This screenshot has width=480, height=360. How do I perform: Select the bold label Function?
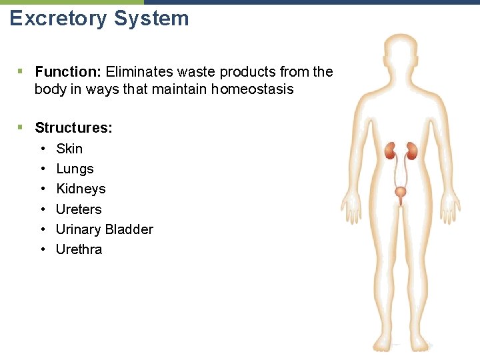coord(68,71)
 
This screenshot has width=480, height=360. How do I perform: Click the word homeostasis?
coord(253,89)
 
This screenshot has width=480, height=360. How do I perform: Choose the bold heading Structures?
coord(73,127)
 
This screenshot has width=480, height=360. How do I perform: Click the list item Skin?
coord(69,149)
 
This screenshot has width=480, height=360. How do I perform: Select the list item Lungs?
coord(75,169)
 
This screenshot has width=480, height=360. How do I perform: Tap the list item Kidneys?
coord(81,189)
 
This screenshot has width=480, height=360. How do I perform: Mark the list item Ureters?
coord(79,209)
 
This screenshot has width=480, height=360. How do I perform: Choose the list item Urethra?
coord(79,249)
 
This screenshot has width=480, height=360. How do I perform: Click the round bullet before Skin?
coord(42,149)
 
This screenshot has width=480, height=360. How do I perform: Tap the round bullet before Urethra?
coord(42,249)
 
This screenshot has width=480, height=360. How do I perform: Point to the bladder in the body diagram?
coord(400,193)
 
